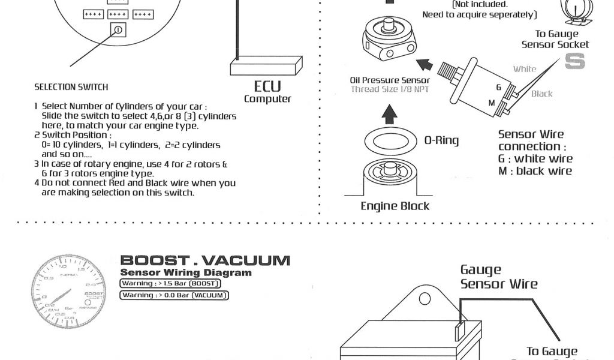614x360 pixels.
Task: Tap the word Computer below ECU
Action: coord(267,99)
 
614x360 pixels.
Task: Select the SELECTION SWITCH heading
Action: coord(71,87)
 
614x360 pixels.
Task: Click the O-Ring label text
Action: coord(441,140)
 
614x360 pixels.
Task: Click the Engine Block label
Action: coord(395,206)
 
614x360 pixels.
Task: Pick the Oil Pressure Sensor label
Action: coord(390,80)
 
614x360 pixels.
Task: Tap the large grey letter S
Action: coord(574,61)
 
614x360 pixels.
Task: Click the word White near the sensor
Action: coord(525,69)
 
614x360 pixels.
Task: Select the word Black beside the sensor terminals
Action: coord(542,94)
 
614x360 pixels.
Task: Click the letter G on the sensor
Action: coord(498,88)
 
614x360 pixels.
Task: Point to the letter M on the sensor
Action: coord(492,103)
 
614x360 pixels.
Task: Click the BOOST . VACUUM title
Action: coord(205,260)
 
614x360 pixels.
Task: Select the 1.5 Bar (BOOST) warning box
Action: coord(171,283)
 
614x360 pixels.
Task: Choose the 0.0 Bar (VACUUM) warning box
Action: coord(174,295)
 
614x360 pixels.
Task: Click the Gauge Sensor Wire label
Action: coord(499,277)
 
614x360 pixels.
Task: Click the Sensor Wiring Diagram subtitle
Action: coord(186,273)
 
